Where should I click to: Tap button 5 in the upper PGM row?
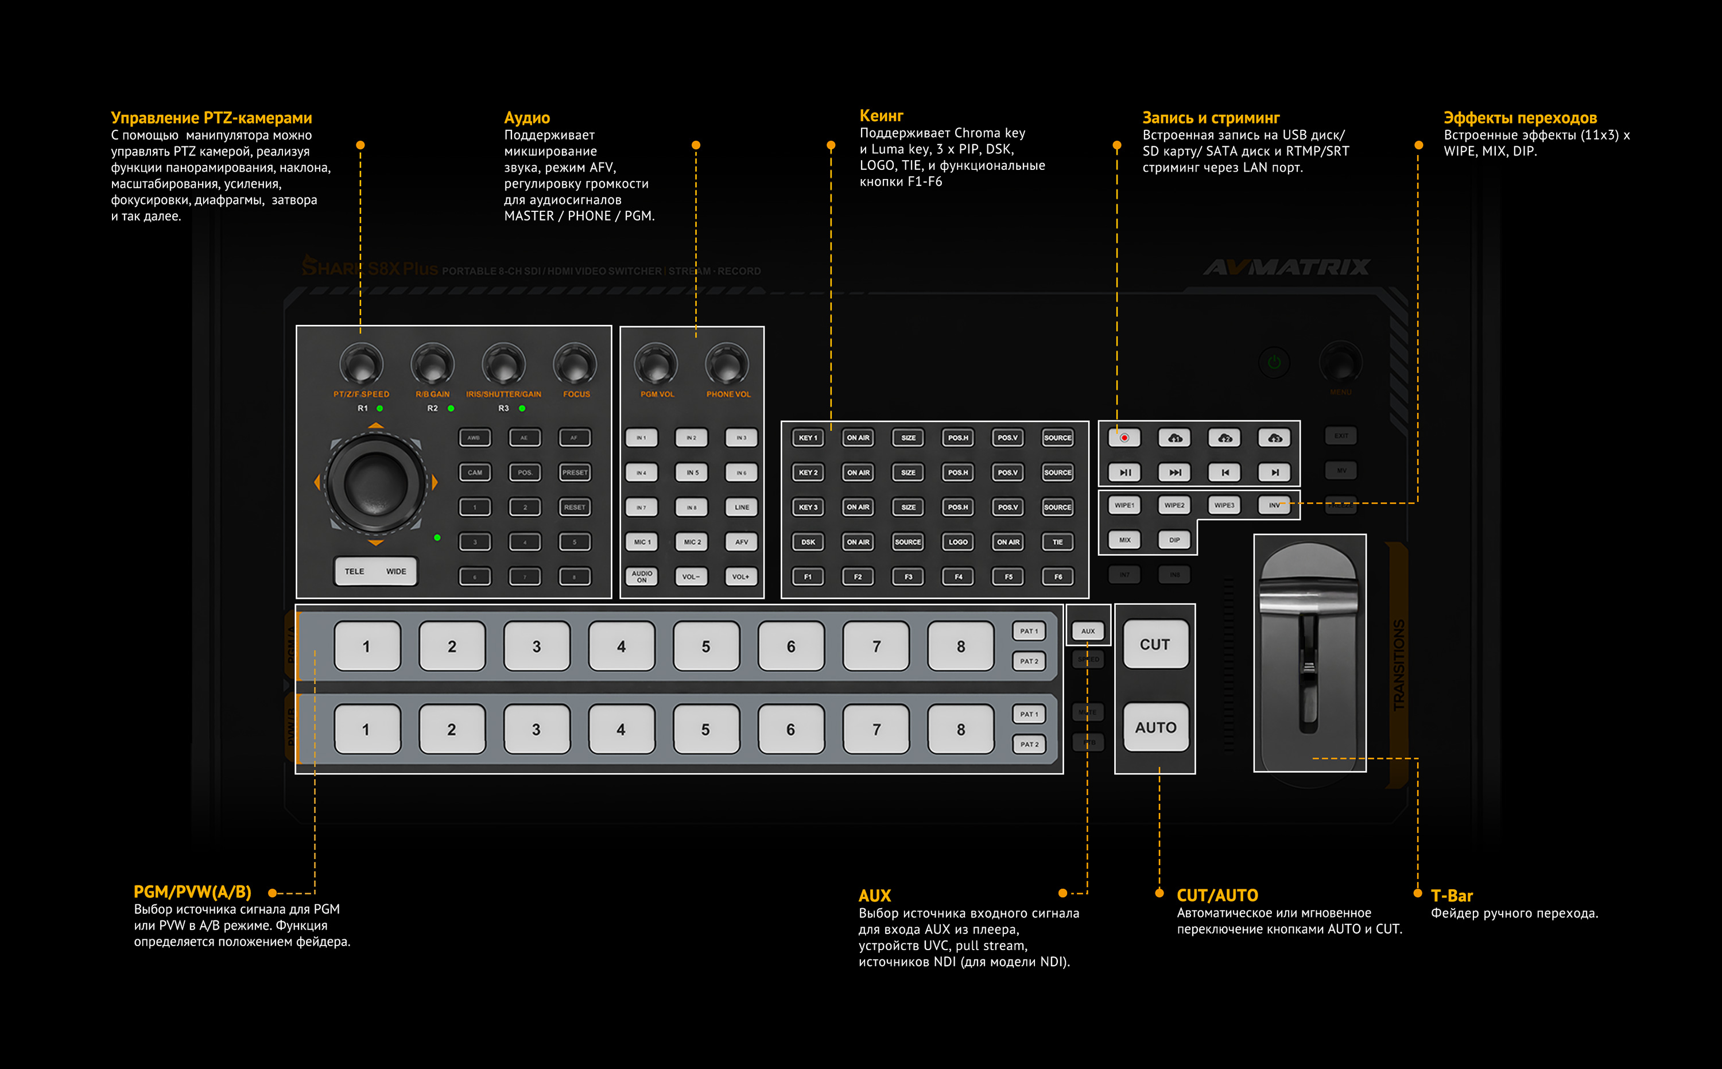[705, 646]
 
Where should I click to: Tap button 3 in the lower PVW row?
[536, 729]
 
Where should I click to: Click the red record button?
[1124, 437]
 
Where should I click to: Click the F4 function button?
[958, 577]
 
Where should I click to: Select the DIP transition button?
[1174, 540]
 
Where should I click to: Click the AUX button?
[1088, 630]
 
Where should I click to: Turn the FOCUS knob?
[575, 365]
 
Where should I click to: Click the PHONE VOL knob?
[727, 365]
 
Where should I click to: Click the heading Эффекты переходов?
[1520, 118]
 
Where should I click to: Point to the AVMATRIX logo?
[1286, 268]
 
